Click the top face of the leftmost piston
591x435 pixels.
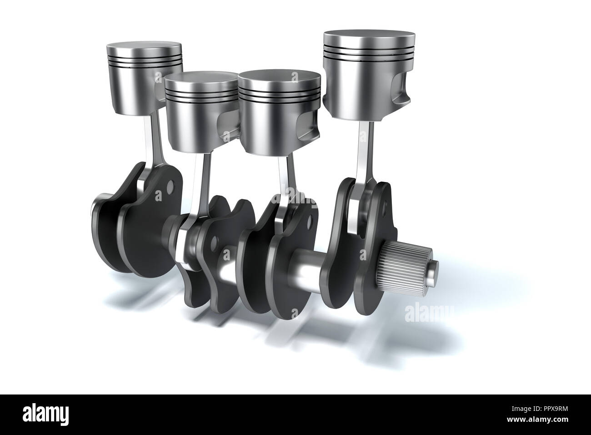[144, 48]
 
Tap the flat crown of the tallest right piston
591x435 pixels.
[369, 37]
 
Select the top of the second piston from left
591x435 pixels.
[201, 78]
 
